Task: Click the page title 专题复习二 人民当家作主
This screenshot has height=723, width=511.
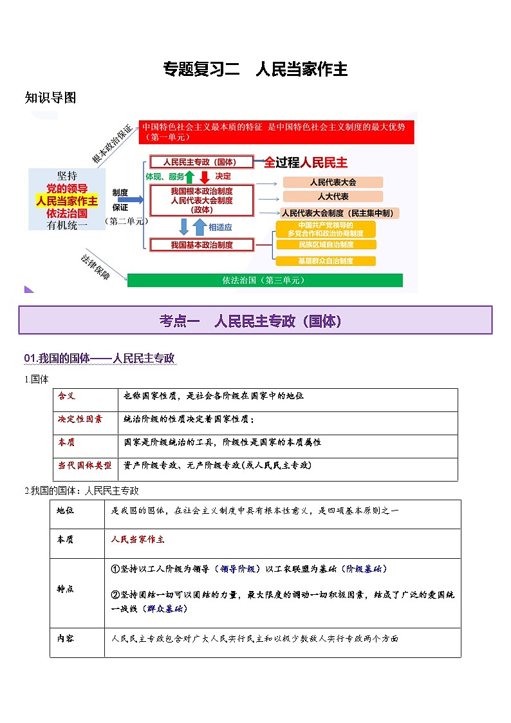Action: [256, 70]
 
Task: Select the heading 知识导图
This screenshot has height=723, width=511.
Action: [50, 98]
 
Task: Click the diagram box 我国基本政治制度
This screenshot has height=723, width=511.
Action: [202, 245]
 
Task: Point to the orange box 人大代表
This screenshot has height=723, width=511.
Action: [333, 196]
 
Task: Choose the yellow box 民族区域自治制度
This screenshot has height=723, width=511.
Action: [326, 245]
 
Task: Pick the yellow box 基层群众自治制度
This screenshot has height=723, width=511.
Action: [326, 261]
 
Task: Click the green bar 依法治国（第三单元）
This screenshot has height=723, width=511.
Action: [265, 281]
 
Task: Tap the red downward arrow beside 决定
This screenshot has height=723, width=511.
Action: [205, 176]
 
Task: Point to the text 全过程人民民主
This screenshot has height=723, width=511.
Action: [306, 163]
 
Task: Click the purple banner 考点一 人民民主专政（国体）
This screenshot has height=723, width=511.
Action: [256, 320]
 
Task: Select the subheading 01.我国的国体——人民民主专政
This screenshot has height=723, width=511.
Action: [100, 359]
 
